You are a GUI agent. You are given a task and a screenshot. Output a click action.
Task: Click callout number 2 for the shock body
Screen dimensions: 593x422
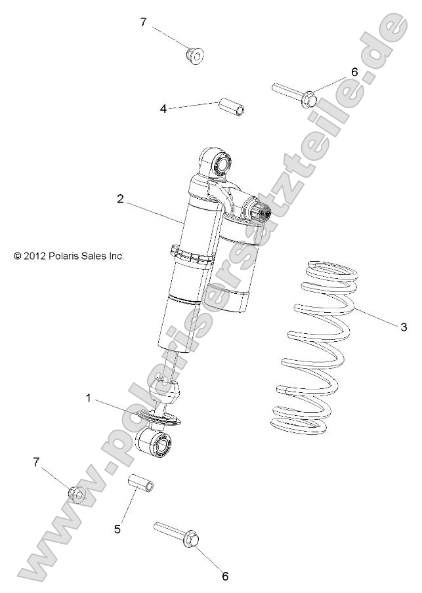[x=121, y=199]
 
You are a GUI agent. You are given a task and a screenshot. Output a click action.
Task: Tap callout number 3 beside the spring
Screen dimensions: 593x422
[x=404, y=327]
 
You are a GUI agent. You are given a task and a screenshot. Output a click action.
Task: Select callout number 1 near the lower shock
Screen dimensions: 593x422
[x=88, y=398]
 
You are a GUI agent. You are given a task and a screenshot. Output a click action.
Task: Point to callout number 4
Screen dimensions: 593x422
[x=163, y=109]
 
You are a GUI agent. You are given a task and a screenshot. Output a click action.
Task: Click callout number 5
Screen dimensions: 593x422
[x=117, y=529]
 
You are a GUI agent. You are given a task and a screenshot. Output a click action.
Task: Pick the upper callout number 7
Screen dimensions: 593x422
[x=143, y=22]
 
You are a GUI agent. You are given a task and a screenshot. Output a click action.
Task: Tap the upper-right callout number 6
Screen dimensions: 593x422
[x=354, y=72]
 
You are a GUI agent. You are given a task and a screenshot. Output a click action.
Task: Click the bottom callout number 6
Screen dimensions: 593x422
[x=224, y=576]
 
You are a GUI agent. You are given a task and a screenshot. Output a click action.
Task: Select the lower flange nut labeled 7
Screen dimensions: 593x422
[x=77, y=494]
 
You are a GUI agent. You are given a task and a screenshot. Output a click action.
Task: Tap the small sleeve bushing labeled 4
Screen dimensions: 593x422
[x=232, y=106]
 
